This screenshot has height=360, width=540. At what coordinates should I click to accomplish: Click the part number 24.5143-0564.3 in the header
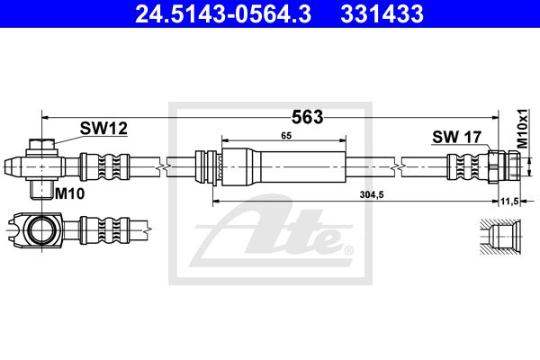coord(223,13)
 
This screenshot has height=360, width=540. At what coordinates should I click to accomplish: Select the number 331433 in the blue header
coord(382,13)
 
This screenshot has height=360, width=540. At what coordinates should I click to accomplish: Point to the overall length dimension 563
coord(308,117)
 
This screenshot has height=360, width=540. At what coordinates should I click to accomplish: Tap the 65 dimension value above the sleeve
coord(286,136)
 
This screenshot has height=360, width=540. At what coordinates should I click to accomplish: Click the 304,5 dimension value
coord(372,195)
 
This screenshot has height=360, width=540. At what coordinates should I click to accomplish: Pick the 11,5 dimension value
coord(510,202)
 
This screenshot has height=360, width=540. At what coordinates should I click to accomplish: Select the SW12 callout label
coord(103,129)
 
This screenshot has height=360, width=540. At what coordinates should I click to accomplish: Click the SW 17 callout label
coord(456,137)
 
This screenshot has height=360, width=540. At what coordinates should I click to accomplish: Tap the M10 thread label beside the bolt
coord(70,193)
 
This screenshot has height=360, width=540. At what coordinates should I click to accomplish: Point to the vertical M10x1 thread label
coord(523,129)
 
